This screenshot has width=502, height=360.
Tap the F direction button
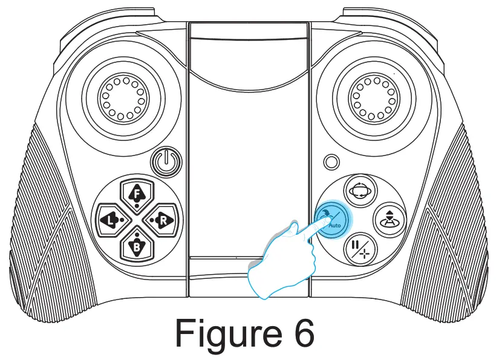click(x=137, y=194)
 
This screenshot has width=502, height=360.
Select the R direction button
click(x=162, y=219)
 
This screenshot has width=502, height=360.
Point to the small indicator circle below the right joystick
click(x=331, y=162)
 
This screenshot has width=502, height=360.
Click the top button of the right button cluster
click(x=360, y=189)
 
